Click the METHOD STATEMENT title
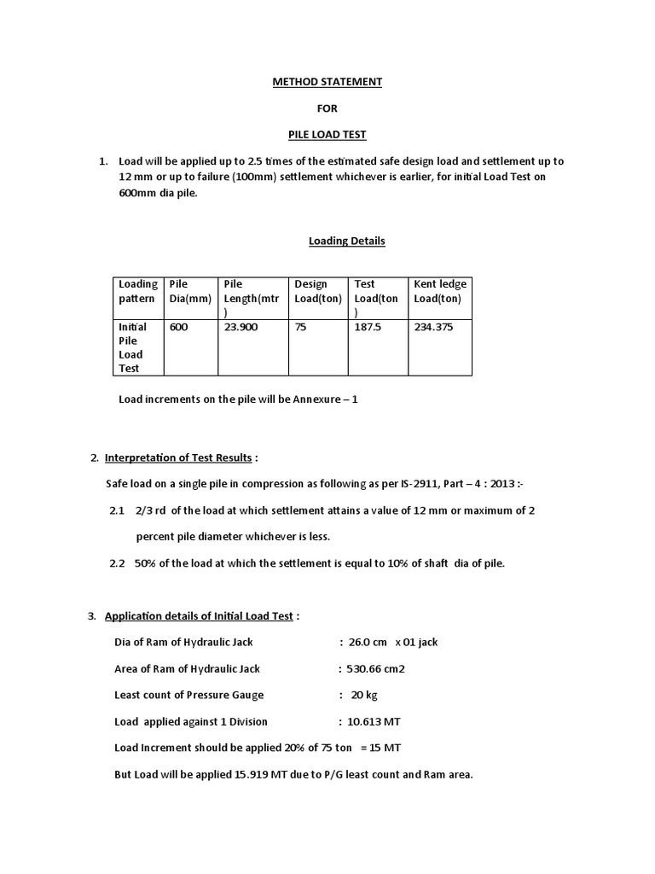pyautogui.click(x=327, y=82)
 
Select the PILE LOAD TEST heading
pyautogui.click(x=327, y=134)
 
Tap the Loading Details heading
pyautogui.click(x=346, y=241)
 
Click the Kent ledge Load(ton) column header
pyautogui.click(x=440, y=291)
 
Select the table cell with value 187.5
pyautogui.click(x=368, y=327)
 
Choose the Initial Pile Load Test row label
pyautogui.click(x=132, y=347)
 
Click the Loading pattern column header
pyautogui.click(x=137, y=291)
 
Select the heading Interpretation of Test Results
pyautogui.click(x=178, y=457)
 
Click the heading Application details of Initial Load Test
pyautogui.click(x=199, y=615)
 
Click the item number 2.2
pyautogui.click(x=117, y=562)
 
